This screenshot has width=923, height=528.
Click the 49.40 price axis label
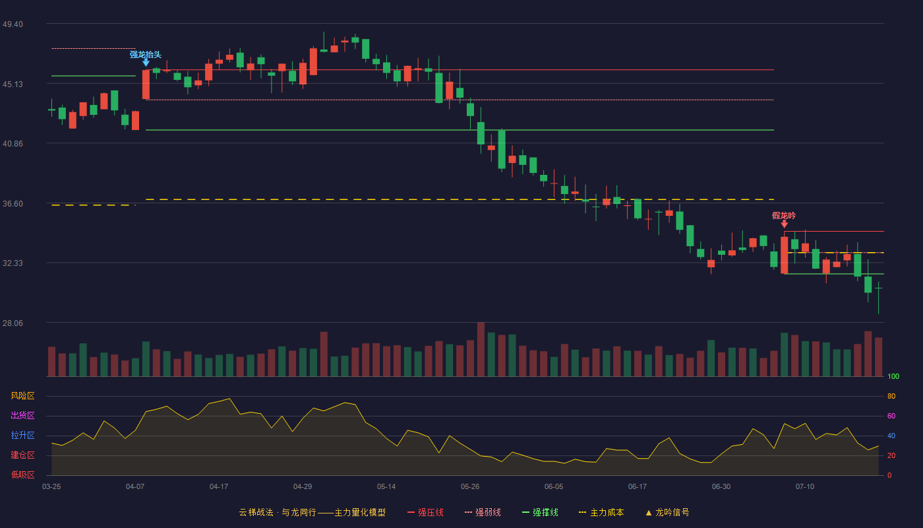pos(13,24)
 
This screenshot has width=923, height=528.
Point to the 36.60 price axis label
pos(13,204)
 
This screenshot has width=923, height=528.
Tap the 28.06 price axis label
pos(13,323)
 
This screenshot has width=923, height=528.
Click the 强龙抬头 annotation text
pos(146,54)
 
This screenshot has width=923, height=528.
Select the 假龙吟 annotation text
pos(784,215)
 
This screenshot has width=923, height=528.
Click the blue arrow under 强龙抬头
pos(146,62)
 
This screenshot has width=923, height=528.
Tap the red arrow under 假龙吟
pos(784,224)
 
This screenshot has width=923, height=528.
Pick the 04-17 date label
pos(219,487)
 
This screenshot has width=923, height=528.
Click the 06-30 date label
pos(721,487)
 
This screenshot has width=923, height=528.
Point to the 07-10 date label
pos(805,487)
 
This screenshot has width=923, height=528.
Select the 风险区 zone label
pos(22,395)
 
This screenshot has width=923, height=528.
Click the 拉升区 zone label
pos(22,435)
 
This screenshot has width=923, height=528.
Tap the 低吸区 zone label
pos(22,475)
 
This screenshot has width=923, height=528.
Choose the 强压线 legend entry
pos(425,512)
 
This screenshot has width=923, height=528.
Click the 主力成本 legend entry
pos(601,512)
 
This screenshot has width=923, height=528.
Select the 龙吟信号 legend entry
pos(667,512)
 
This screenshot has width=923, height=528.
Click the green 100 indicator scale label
pos(893,376)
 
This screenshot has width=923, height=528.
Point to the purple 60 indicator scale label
pos(891,416)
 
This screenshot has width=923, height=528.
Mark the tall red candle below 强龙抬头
pos(146,84)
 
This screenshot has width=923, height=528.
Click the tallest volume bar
pos(481,349)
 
